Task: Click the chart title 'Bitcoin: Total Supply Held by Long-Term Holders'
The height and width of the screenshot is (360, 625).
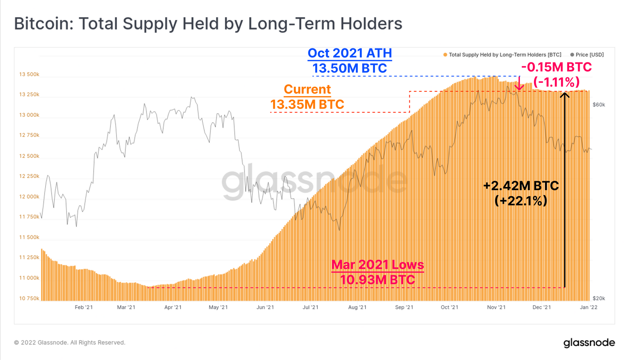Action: tap(208, 24)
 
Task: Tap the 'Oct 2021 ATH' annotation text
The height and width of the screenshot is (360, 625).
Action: tap(350, 53)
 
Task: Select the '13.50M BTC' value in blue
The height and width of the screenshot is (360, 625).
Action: tap(350, 68)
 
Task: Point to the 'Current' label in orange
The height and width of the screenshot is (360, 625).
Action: tap(307, 89)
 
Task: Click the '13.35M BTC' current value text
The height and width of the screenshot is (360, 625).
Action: tap(307, 105)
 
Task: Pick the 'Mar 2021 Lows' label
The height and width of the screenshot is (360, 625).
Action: tap(377, 265)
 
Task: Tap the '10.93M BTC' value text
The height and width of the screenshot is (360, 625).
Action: tap(377, 280)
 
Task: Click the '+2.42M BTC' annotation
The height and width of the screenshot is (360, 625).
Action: tap(521, 186)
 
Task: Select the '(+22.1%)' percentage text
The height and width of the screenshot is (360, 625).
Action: tap(521, 201)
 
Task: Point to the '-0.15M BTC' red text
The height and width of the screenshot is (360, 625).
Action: tap(556, 67)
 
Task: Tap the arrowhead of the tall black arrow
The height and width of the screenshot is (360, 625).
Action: tap(565, 95)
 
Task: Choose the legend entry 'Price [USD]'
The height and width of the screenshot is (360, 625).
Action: tap(589, 55)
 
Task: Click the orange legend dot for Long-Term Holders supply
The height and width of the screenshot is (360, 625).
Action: tap(445, 55)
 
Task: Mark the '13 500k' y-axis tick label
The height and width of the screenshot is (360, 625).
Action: tap(29, 75)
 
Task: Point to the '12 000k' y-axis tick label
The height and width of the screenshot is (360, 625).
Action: tap(29, 197)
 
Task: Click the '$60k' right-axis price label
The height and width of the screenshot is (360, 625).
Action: tap(598, 105)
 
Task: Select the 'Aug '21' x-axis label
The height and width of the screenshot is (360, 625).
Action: tap(357, 307)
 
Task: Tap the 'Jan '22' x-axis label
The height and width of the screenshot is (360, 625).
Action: tap(588, 307)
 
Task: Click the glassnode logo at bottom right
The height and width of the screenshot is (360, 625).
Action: tap(589, 343)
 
